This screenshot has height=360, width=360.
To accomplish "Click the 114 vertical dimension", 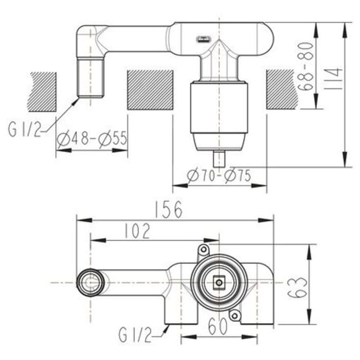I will point(334,78).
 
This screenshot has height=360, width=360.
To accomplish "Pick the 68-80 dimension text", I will point(307,66).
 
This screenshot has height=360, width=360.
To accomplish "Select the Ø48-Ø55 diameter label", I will point(92,139).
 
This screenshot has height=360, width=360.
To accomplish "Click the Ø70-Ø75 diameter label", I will point(220,176).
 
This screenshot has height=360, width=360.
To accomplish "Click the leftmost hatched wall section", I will point(42,92).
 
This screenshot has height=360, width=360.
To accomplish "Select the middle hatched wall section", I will point(150,90).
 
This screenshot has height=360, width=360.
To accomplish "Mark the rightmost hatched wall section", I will point(282,89).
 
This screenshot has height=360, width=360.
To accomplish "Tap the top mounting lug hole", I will point(204,250).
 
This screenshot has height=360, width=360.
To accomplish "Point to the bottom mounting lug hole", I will point(235,315).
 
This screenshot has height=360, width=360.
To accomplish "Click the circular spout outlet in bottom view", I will point(91,283).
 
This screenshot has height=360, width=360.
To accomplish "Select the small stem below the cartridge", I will point(219,158).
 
